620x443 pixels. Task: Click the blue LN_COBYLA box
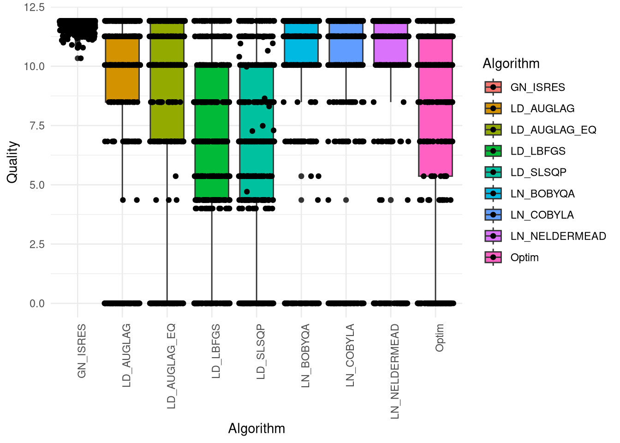click(x=346, y=46)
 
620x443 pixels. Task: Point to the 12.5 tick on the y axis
click(x=34, y=7)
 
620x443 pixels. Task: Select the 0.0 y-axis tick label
click(x=37, y=304)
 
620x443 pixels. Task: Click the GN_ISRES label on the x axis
click(x=82, y=351)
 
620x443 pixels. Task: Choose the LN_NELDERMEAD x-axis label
click(x=394, y=371)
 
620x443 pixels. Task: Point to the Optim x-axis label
click(x=439, y=337)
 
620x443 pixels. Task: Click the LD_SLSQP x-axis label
click(x=261, y=352)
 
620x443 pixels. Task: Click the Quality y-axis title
click(x=12, y=162)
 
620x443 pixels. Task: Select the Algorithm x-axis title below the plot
click(x=256, y=429)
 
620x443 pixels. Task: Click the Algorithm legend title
click(x=511, y=64)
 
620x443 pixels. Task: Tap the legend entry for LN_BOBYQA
click(x=542, y=194)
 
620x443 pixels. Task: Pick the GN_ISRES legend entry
click(x=537, y=88)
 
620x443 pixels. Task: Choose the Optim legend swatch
click(x=493, y=257)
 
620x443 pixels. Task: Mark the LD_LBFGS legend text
click(x=538, y=151)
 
